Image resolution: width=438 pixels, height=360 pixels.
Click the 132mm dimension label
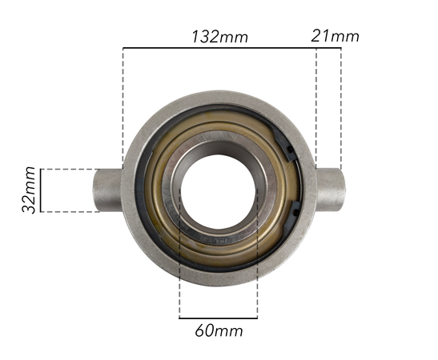(x=219, y=37)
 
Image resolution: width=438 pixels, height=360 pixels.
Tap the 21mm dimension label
(x=335, y=36)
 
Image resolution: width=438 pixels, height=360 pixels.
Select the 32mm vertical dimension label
(x=30, y=190)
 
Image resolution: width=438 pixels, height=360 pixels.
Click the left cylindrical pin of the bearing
(x=108, y=190)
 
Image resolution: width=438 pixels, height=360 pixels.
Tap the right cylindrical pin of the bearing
(x=329, y=190)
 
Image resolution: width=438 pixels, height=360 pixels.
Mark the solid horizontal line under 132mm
(x=219, y=48)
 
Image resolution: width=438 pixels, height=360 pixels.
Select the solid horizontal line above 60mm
(x=219, y=318)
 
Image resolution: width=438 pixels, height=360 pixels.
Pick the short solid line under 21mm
(x=329, y=48)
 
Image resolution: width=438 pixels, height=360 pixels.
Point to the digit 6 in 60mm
(x=199, y=330)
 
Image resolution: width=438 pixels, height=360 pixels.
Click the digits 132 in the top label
(x=207, y=37)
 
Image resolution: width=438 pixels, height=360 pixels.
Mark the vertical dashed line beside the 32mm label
(x=40, y=190)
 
